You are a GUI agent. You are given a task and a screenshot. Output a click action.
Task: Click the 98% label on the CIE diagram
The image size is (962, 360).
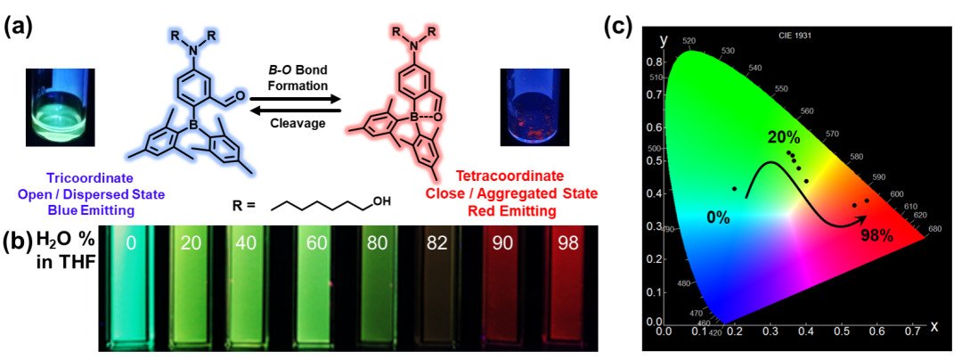[881, 236]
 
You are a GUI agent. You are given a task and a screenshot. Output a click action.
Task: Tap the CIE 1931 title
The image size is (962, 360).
[795, 37]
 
